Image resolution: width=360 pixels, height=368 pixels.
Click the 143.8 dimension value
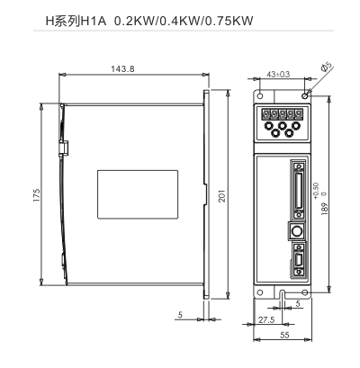[x=123, y=69]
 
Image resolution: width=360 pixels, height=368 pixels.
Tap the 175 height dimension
[x=37, y=195]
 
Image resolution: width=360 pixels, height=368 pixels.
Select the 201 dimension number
[x=221, y=196]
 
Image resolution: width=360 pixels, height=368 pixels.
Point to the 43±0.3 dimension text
[x=278, y=74]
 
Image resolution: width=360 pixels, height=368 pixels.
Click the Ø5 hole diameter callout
[x=327, y=67]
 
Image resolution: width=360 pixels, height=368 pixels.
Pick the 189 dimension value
[x=325, y=209]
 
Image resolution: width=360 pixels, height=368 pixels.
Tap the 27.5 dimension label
[x=266, y=320]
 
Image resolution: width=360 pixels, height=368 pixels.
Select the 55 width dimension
[x=284, y=335]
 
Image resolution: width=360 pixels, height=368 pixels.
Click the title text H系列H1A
[x=76, y=21]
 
